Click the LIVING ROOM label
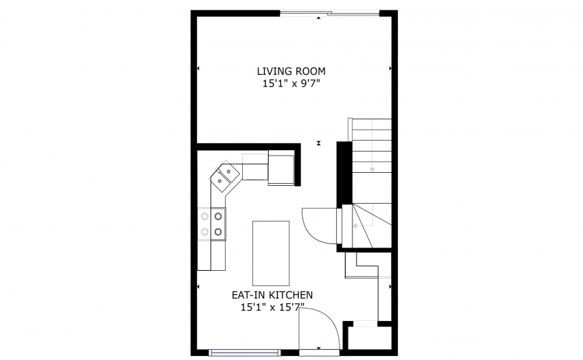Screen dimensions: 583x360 coord(291,71)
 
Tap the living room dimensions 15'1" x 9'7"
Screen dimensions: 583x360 coord(291,84)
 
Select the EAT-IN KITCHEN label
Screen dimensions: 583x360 coord(272,295)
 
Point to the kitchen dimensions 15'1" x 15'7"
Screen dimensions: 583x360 coord(272,307)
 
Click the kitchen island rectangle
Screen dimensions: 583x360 coord(271,253)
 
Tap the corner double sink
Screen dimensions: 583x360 coord(225,176)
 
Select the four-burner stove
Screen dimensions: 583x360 coord(211,224)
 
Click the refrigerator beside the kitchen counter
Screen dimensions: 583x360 coord(281,169)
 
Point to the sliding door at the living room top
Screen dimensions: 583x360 coord(329,14)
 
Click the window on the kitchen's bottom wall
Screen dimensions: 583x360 coord(245,352)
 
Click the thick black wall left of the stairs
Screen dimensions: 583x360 coord(344,172)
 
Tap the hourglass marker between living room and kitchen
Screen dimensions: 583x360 coord(319,143)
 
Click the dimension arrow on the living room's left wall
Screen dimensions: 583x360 coord(198,69)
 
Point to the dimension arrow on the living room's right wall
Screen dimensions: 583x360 coord(390,69)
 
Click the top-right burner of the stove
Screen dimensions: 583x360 coord(218,216)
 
